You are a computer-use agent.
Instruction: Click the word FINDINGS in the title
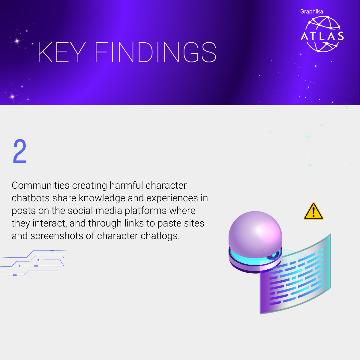(156, 52)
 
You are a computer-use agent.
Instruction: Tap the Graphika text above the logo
(311, 12)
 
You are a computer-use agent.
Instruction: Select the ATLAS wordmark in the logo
(322, 36)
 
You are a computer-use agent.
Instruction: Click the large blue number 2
(20, 151)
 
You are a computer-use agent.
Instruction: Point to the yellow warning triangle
(313, 211)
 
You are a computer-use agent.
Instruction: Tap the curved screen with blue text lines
(295, 274)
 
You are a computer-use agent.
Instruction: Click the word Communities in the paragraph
(40, 185)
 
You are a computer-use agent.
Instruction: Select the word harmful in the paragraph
(126, 185)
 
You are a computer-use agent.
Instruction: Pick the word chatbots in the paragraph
(31, 198)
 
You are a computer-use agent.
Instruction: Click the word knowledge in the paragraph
(102, 198)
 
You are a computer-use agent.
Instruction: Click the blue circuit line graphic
(34, 263)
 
